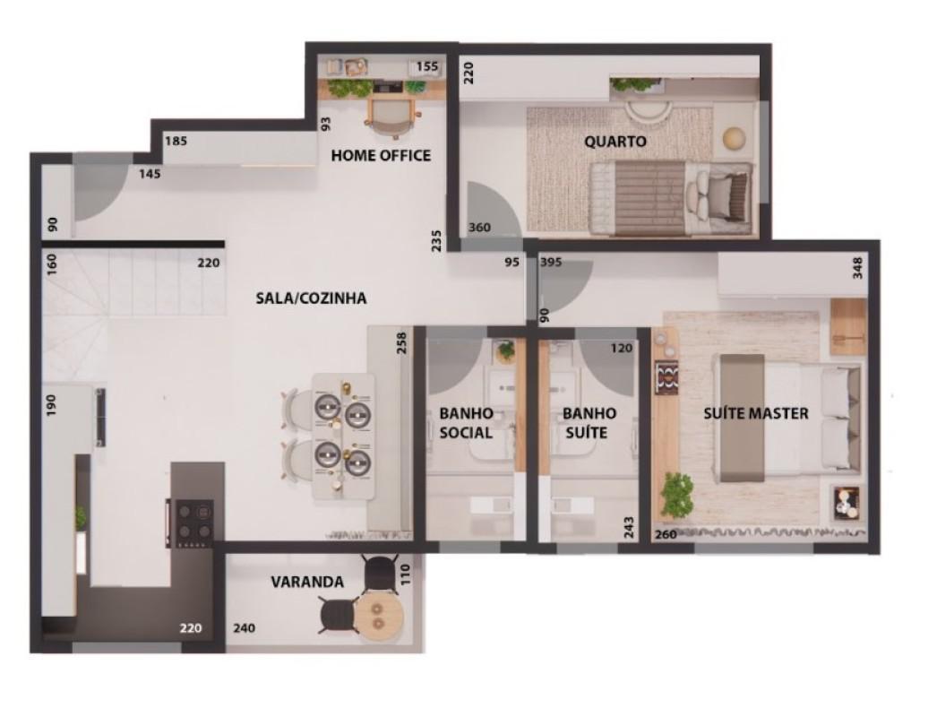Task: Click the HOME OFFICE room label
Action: coord(381,155)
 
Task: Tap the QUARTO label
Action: coord(615,142)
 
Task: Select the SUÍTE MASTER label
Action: coord(755,413)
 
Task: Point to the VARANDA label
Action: coord(307,582)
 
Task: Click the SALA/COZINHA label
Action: coord(311,298)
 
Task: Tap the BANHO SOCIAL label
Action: coord(466,423)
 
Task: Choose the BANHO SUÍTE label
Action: coord(589,423)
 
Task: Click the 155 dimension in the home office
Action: coord(427,66)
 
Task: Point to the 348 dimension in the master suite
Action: coord(858,267)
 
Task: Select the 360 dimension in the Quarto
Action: coord(479,228)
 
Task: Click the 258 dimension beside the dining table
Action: coord(401,343)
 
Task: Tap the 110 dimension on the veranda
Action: coord(405,574)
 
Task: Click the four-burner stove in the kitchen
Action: coord(190,523)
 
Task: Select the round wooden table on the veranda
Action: coord(377,616)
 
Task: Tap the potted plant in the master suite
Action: coord(677,494)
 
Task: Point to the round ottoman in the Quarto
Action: coord(734,139)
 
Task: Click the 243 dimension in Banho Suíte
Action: coord(629,527)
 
